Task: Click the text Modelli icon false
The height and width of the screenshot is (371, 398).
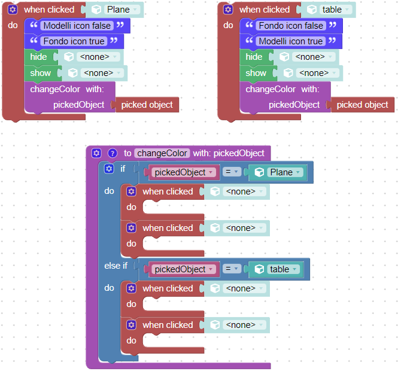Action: point(77,26)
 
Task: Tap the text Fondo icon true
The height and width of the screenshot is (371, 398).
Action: point(74,41)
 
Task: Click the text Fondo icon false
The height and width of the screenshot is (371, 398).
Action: point(291,26)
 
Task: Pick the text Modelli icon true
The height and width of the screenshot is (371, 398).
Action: point(291,41)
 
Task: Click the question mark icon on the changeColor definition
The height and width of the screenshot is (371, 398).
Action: point(113,153)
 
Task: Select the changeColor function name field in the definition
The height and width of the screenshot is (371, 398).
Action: point(162,153)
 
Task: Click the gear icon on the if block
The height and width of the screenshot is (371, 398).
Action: point(109,169)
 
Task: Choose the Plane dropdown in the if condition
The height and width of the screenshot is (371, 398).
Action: point(285,172)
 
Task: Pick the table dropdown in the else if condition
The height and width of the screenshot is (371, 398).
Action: point(283,269)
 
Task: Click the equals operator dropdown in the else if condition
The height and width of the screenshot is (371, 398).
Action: point(232,269)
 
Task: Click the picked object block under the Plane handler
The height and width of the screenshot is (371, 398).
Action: point(147,105)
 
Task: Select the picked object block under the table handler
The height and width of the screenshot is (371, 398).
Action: point(363,105)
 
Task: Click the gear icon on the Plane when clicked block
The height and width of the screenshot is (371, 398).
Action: point(13,10)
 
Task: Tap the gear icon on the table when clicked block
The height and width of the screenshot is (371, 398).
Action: point(228,10)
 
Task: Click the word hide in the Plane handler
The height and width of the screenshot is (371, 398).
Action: point(38,57)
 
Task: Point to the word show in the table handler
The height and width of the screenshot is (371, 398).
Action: point(256,73)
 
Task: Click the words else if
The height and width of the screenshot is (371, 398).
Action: point(116,266)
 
